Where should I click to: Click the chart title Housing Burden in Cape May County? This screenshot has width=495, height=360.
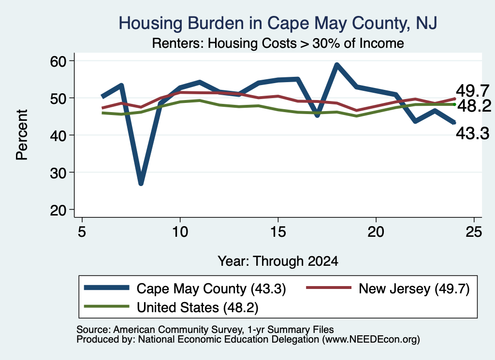point(278,23)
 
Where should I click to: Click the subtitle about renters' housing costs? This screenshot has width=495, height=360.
point(278,43)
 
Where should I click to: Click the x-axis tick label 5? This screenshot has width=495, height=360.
point(82,232)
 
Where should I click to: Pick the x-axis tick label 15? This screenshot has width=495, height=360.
point(278,232)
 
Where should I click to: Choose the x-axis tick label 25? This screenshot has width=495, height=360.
point(474,232)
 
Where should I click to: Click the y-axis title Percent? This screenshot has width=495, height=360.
point(22,135)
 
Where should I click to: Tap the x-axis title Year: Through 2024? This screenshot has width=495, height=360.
point(278,261)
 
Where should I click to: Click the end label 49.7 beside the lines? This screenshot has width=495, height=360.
point(473,91)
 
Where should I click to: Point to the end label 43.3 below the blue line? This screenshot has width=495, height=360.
point(473,133)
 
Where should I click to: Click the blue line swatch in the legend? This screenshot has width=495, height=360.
point(107,288)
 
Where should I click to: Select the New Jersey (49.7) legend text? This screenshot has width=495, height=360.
point(414,288)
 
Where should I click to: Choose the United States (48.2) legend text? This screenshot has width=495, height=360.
point(197,308)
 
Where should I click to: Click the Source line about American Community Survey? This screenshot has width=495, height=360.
point(205,330)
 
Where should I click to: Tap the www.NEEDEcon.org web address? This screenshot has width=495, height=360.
point(371,340)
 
